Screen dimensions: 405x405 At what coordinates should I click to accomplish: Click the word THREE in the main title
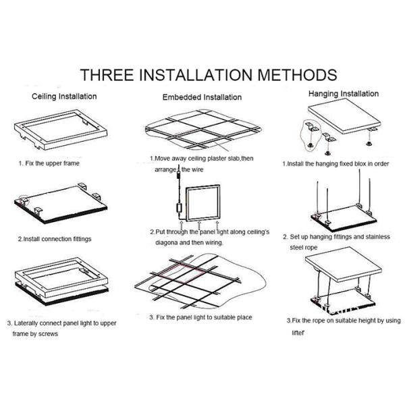[107, 75]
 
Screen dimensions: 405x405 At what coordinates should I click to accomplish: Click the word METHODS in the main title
[297, 75]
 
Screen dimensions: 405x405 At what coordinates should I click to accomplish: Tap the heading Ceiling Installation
[64, 97]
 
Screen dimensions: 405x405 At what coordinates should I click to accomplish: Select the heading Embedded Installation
[202, 97]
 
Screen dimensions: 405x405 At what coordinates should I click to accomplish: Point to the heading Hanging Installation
[344, 94]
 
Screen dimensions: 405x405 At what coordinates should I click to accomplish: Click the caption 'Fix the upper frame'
[52, 163]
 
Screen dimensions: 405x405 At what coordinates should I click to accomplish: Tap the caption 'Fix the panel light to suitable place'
[204, 317]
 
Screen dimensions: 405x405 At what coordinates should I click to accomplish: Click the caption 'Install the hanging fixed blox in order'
[338, 164]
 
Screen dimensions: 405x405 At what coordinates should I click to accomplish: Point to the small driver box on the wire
[179, 208]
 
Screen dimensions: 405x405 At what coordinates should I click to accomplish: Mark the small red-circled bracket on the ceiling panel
[23, 200]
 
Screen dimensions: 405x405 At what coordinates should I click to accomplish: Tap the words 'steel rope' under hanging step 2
[304, 248]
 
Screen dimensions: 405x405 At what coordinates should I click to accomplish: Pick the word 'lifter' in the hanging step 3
[298, 333]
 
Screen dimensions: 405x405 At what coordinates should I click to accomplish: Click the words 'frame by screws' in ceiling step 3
[35, 334]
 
